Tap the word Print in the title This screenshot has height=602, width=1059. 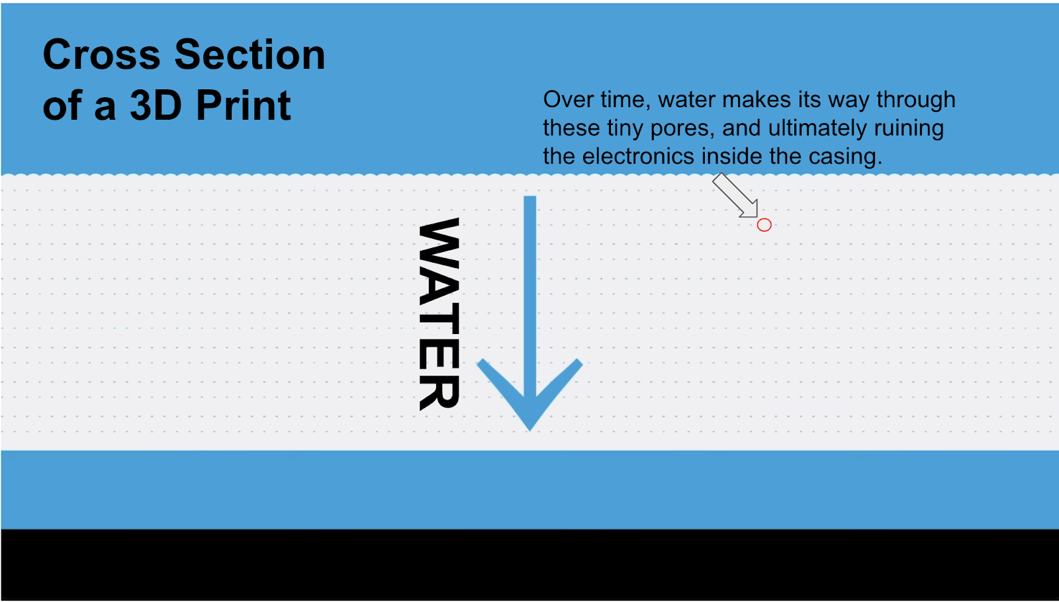pos(244,105)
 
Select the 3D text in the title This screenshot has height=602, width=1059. pos(156,105)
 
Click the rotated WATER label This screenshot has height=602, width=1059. pos(439,314)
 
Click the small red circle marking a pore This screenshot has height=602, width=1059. pos(764,225)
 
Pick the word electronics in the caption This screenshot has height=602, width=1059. pos(638,156)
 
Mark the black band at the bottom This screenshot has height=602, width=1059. pos(529,565)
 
